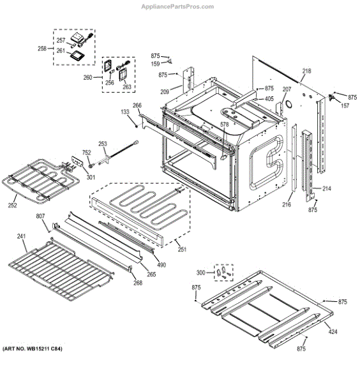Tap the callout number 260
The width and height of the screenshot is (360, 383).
(x=88, y=78)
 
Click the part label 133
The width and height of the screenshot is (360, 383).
(x=125, y=112)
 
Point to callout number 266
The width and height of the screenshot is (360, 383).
(x=137, y=105)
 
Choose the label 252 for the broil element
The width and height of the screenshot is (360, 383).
(x=13, y=206)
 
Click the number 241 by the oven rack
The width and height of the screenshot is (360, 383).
(x=21, y=237)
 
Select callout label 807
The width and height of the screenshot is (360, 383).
(x=40, y=217)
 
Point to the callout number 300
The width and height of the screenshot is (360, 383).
(x=202, y=273)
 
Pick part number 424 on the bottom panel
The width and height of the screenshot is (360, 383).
(x=332, y=332)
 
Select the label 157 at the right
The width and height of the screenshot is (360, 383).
(x=345, y=105)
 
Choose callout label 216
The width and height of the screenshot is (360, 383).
(x=286, y=204)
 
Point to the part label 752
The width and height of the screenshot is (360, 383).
(x=86, y=153)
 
